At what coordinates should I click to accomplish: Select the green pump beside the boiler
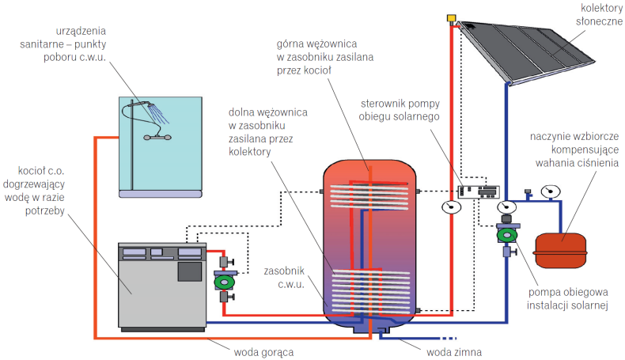224,280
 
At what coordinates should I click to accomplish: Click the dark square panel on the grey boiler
188,271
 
